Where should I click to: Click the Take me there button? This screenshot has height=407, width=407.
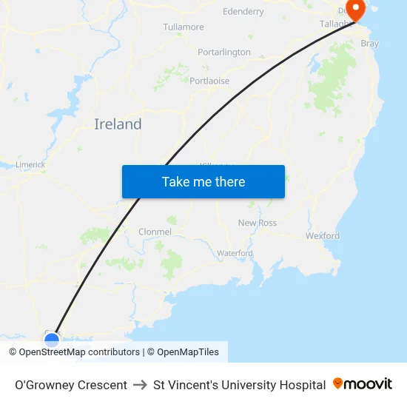pos(203,181)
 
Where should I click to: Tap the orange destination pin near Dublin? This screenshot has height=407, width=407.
pos(356,10)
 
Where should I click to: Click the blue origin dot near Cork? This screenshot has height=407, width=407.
pos(52,340)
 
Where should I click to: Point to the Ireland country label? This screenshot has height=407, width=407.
pos(118,124)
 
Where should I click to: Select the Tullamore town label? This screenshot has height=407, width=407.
pos(184,27)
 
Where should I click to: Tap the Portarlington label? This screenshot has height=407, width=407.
pos(224,53)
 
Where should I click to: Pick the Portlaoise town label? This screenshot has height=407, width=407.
pos(209,81)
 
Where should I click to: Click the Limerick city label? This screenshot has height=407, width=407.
pos(30,165)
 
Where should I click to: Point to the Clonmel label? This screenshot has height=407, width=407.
pos(155,232)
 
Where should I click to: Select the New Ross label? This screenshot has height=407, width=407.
pos(257,223)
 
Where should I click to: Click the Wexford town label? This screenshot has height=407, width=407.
pos(323,236)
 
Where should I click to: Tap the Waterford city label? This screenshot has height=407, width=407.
pos(235,253)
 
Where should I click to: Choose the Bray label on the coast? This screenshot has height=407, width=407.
pos(369,44)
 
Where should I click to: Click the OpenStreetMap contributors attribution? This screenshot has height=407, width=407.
pos(74,352)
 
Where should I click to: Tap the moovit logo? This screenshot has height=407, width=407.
pos(363,384)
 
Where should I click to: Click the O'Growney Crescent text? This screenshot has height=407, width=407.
pos(71,385)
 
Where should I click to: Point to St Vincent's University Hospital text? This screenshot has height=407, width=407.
pos(239,385)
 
